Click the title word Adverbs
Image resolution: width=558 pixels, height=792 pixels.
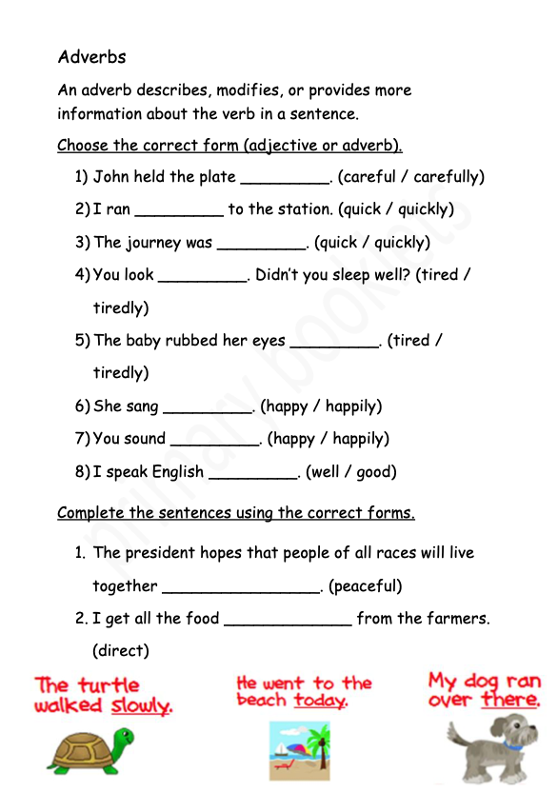click(x=91, y=57)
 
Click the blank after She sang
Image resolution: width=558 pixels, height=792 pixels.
click(x=209, y=410)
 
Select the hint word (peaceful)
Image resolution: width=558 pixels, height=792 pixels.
click(x=366, y=585)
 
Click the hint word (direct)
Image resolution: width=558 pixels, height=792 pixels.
click(x=121, y=651)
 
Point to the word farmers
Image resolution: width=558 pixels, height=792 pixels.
click(x=456, y=619)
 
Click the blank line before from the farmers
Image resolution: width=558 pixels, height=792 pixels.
click(x=288, y=624)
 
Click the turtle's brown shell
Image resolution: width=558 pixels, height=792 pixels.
click(x=80, y=747)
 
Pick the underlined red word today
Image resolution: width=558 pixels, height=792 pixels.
click(x=319, y=701)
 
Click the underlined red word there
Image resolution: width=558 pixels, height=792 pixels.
click(x=510, y=701)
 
